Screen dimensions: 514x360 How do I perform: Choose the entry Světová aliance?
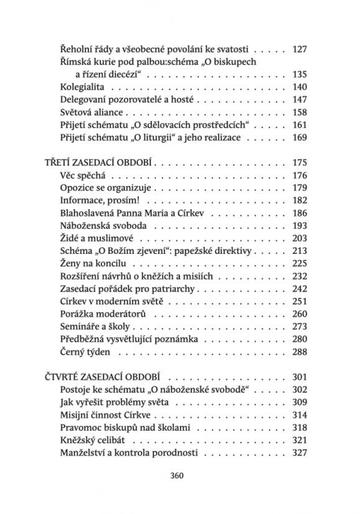coord(92,113)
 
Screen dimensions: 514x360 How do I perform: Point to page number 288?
coord(300,352)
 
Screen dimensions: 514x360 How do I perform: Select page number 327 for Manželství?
coord(300,452)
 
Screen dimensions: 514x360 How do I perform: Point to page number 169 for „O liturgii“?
coord(300,138)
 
